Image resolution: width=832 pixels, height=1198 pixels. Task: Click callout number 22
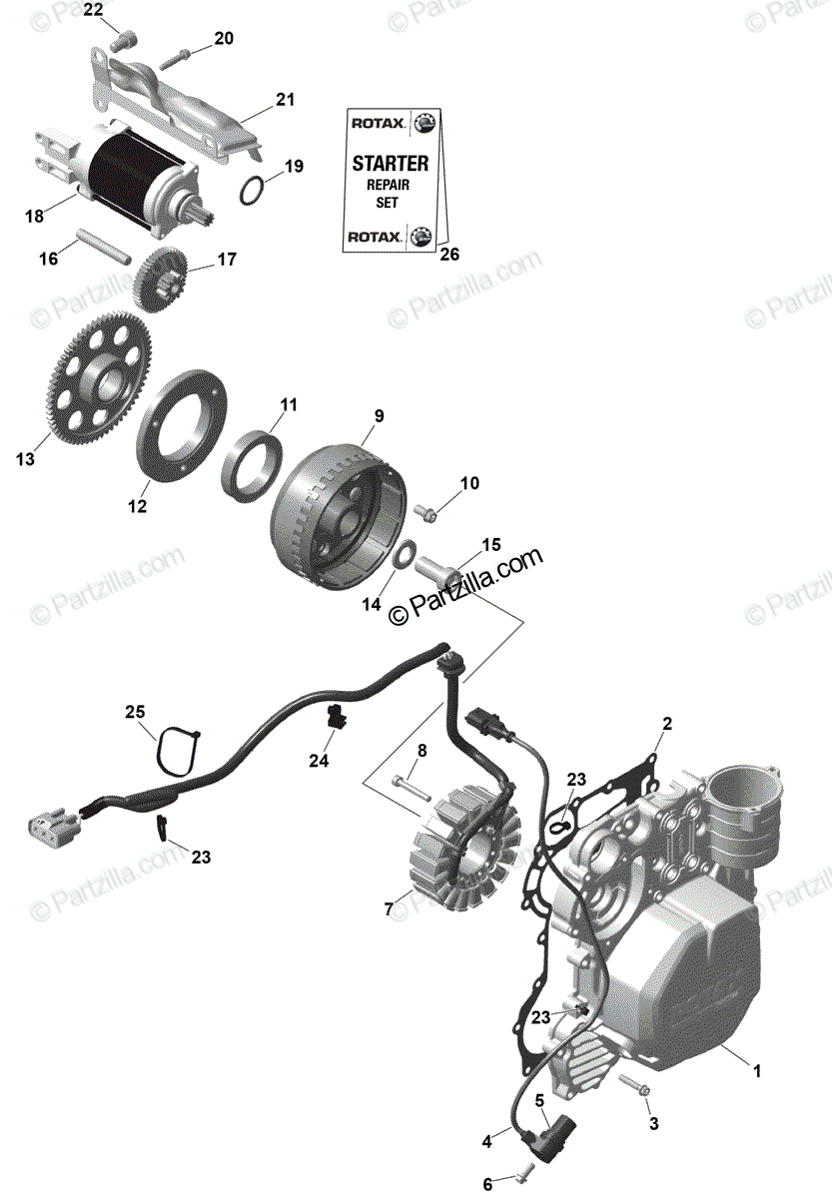[93, 11]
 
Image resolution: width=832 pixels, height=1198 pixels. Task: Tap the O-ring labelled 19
[255, 189]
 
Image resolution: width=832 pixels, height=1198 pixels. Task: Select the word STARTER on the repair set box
[390, 163]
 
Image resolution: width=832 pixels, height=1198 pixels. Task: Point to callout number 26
[449, 255]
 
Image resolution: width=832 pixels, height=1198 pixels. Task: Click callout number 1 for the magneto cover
[757, 1072]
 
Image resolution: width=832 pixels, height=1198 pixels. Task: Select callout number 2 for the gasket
[667, 723]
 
